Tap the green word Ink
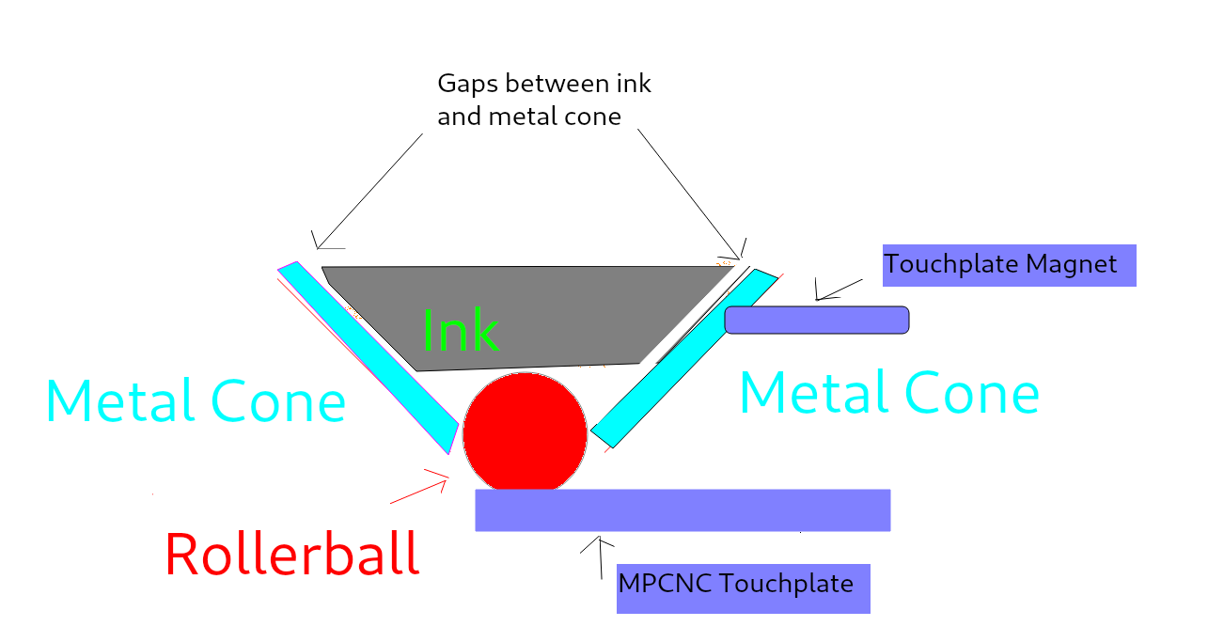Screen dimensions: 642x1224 pyautogui.click(x=460, y=330)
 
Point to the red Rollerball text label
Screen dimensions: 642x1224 pyautogui.click(x=291, y=555)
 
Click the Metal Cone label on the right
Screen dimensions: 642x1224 pyautogui.click(x=888, y=393)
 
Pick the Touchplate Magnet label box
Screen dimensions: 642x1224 pyautogui.click(x=1009, y=265)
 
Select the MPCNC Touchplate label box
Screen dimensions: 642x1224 pyautogui.click(x=743, y=587)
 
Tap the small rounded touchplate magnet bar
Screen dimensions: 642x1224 pyautogui.click(x=816, y=320)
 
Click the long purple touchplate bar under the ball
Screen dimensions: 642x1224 pyautogui.click(x=682, y=509)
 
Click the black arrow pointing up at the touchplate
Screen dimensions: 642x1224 pyautogui.click(x=600, y=559)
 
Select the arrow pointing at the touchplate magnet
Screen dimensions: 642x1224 pyautogui.click(x=839, y=290)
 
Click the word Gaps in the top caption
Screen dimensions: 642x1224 pyautogui.click(x=468, y=85)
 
